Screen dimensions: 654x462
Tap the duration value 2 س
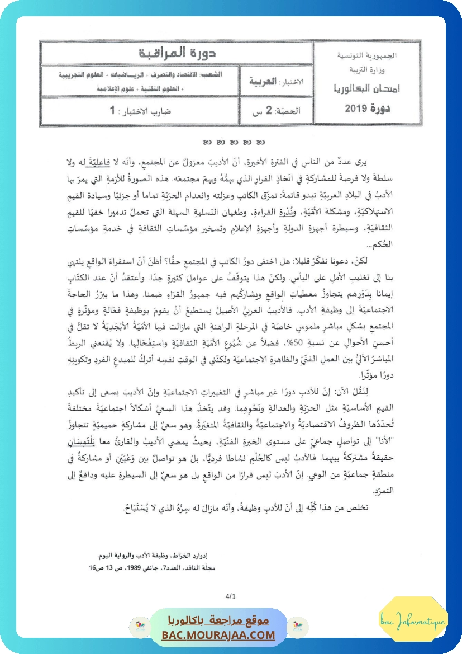[x=258, y=111]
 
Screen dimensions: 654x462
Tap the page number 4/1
[x=231, y=597]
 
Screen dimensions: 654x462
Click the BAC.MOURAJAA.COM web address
[x=218, y=635]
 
